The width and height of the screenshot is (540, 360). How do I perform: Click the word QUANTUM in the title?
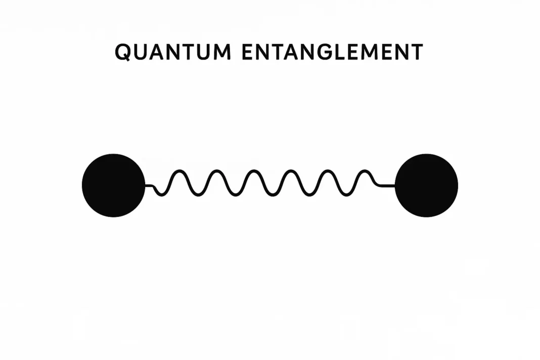173,53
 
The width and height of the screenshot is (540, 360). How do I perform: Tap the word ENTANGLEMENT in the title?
332,52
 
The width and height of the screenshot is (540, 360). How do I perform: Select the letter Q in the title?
122,53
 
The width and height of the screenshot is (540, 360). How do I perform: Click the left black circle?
114,186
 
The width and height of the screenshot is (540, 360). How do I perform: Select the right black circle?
426,186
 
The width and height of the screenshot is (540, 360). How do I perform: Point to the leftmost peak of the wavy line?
179,170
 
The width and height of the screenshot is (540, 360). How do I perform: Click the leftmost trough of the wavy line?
160,195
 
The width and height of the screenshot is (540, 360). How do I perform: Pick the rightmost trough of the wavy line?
346,195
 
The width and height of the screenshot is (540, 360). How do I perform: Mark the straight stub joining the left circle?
149,186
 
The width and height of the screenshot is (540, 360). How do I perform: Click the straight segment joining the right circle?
387,186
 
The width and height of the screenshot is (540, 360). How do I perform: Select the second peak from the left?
216,170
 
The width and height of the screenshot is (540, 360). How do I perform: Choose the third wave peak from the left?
254,170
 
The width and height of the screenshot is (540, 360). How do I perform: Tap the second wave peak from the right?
328,170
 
